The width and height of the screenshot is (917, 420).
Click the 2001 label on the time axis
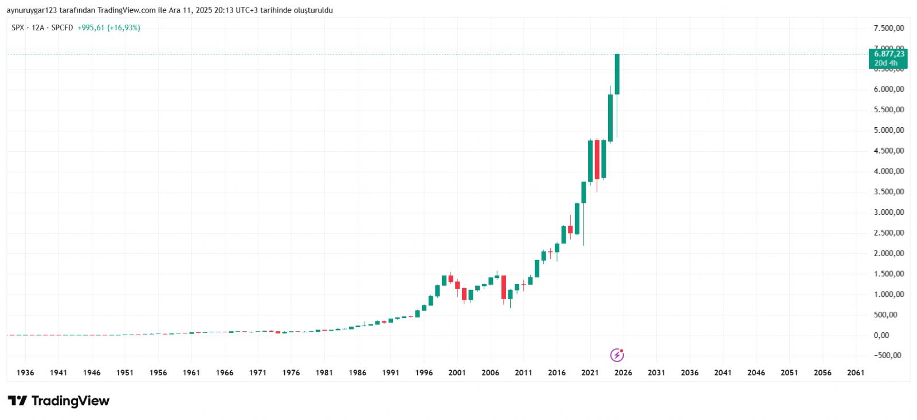tap(457, 372)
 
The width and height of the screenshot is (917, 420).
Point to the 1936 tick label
tap(25, 372)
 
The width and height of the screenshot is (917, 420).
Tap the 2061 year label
tap(856, 372)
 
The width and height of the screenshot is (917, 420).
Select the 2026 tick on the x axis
tap(623, 372)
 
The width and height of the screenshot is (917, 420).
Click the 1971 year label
tap(257, 372)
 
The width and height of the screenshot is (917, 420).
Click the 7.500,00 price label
tap(888, 28)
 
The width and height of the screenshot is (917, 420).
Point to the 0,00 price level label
tap(881, 335)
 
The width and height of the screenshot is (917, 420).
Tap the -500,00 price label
tap(887, 355)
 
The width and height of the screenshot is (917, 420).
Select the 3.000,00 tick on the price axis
tap(888, 212)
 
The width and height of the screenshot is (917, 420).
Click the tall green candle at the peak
tap(617, 74)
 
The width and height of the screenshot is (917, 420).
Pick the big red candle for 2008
tap(504, 287)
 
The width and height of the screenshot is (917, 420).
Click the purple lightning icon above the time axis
tap(617, 355)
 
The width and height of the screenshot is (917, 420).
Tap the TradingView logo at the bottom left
tap(58, 401)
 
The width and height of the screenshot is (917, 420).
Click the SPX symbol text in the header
tap(18, 28)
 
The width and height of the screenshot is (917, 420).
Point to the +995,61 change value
tap(91, 28)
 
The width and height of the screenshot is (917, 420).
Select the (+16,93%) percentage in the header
tap(123, 28)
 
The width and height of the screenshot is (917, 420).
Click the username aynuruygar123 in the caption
tap(32, 10)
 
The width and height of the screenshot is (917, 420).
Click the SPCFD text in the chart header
tap(62, 28)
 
